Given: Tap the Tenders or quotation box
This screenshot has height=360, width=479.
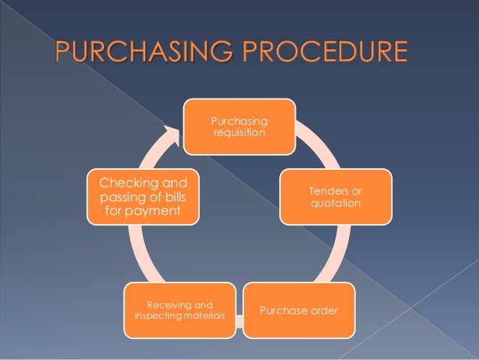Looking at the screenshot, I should (x=336, y=197).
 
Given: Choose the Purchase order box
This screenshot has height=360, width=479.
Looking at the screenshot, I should (x=298, y=310).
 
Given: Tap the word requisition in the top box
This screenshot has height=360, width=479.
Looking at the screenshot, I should (x=239, y=134).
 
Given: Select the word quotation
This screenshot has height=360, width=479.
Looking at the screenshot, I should (x=336, y=204).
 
